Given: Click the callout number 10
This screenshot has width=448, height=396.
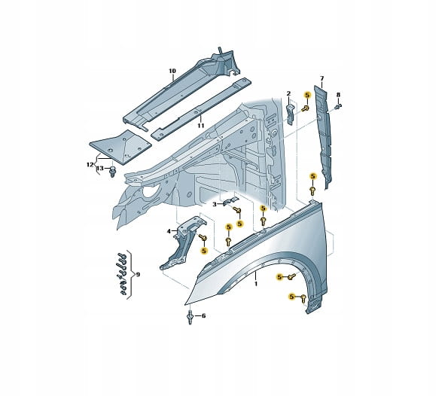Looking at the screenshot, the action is coord(172,71).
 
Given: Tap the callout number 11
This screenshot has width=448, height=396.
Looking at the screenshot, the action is coord(201,125).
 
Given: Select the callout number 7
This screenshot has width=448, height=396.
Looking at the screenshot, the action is coord(322,78).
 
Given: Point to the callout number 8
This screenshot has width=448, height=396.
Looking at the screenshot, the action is coord(338,95).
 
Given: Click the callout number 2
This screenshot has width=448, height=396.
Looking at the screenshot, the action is coord(288,93).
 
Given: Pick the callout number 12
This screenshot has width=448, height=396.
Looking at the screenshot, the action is coord(90,165).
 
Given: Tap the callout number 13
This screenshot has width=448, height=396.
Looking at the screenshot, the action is coord(99,169).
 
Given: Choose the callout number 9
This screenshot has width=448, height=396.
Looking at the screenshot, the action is coord(138,275).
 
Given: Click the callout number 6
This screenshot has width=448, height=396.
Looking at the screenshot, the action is coord(203,315).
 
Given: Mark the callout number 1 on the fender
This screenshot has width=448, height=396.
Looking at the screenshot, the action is coord(256,284).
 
